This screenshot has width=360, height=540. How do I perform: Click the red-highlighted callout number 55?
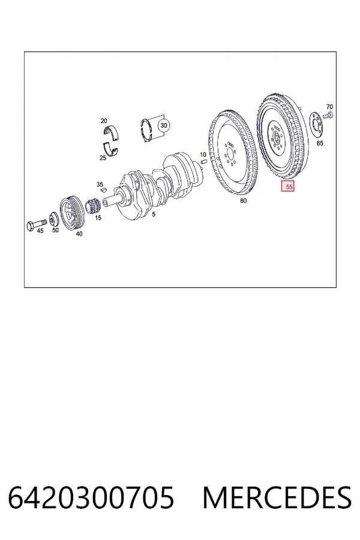(288, 187)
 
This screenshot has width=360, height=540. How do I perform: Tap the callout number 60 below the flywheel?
(243, 200)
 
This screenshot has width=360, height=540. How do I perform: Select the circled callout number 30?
(164, 125)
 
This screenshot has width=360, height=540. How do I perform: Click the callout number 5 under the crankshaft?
(154, 214)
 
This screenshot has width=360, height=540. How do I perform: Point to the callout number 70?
(329, 107)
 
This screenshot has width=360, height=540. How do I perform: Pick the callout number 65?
(320, 143)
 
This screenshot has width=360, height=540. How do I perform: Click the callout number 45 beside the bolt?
(40, 231)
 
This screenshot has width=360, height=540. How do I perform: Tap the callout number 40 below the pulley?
(79, 234)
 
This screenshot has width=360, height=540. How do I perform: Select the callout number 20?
(104, 121)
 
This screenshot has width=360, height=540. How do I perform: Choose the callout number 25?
(103, 158)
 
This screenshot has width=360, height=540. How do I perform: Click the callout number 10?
(203, 155)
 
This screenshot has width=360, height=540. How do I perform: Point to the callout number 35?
(100, 185)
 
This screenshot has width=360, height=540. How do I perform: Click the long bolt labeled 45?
(37, 224)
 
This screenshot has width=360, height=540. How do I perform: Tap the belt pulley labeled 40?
(71, 212)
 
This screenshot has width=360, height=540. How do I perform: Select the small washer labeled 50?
(54, 219)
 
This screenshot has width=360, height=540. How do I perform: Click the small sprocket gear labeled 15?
(92, 206)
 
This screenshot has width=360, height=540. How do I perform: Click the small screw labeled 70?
(329, 115)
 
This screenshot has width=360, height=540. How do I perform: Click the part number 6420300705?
(91, 498)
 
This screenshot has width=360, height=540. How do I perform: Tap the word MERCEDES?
(277, 498)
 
